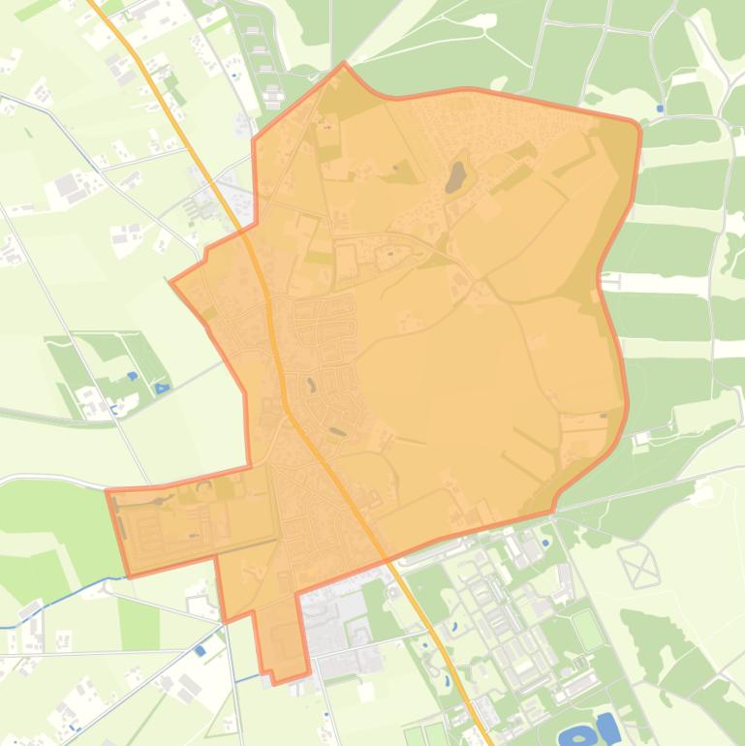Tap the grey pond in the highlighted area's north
click(455, 176)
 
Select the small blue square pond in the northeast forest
click(661, 109)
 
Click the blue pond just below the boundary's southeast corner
click(544, 543)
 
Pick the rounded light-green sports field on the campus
click(587, 631)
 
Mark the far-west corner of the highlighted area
click(107, 491)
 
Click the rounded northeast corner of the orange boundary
click(635, 125)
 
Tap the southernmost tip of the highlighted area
click(275, 682)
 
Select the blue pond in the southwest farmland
click(200, 651)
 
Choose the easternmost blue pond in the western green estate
click(162, 389)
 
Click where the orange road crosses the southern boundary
click(386, 560)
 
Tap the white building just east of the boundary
click(640, 439)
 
